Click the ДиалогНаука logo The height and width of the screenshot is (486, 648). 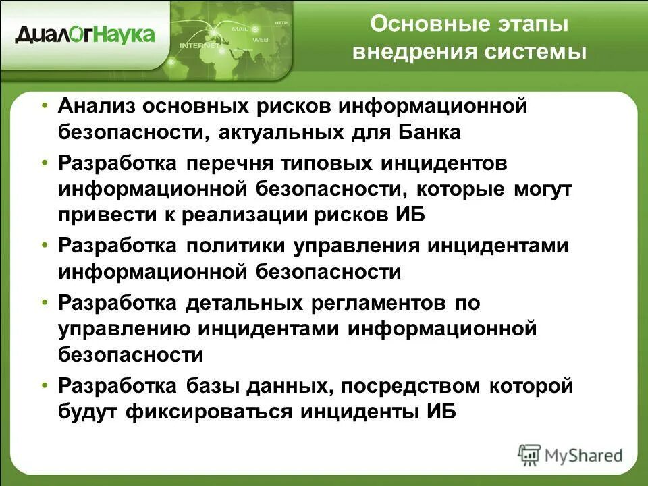point(85,33)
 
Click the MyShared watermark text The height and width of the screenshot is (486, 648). point(580,455)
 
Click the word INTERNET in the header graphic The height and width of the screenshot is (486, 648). point(199,46)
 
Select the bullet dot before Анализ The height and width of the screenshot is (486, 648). point(45,107)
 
